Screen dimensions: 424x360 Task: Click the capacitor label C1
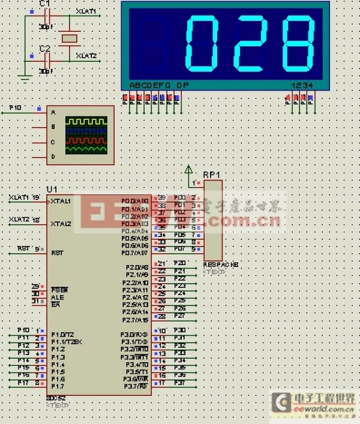point(44,4)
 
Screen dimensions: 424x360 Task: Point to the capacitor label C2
point(44,48)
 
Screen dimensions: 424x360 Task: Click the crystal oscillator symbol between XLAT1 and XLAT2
point(70,37)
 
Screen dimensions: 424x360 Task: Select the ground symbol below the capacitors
point(25,77)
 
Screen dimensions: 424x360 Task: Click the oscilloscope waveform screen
point(87,135)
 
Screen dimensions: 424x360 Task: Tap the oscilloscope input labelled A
point(53,112)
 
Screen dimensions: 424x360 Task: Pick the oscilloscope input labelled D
point(53,157)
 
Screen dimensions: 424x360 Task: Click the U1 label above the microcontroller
point(52,190)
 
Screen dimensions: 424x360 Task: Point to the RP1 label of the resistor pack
point(211,175)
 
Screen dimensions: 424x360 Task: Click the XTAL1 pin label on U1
point(61,202)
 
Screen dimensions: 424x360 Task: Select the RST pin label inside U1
point(58,253)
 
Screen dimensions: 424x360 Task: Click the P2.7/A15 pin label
point(135,320)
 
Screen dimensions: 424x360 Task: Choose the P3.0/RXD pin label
point(135,335)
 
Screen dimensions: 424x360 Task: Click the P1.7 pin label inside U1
point(58,387)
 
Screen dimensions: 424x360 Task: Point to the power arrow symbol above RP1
point(188,169)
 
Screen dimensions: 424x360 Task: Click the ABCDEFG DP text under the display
point(159,85)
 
